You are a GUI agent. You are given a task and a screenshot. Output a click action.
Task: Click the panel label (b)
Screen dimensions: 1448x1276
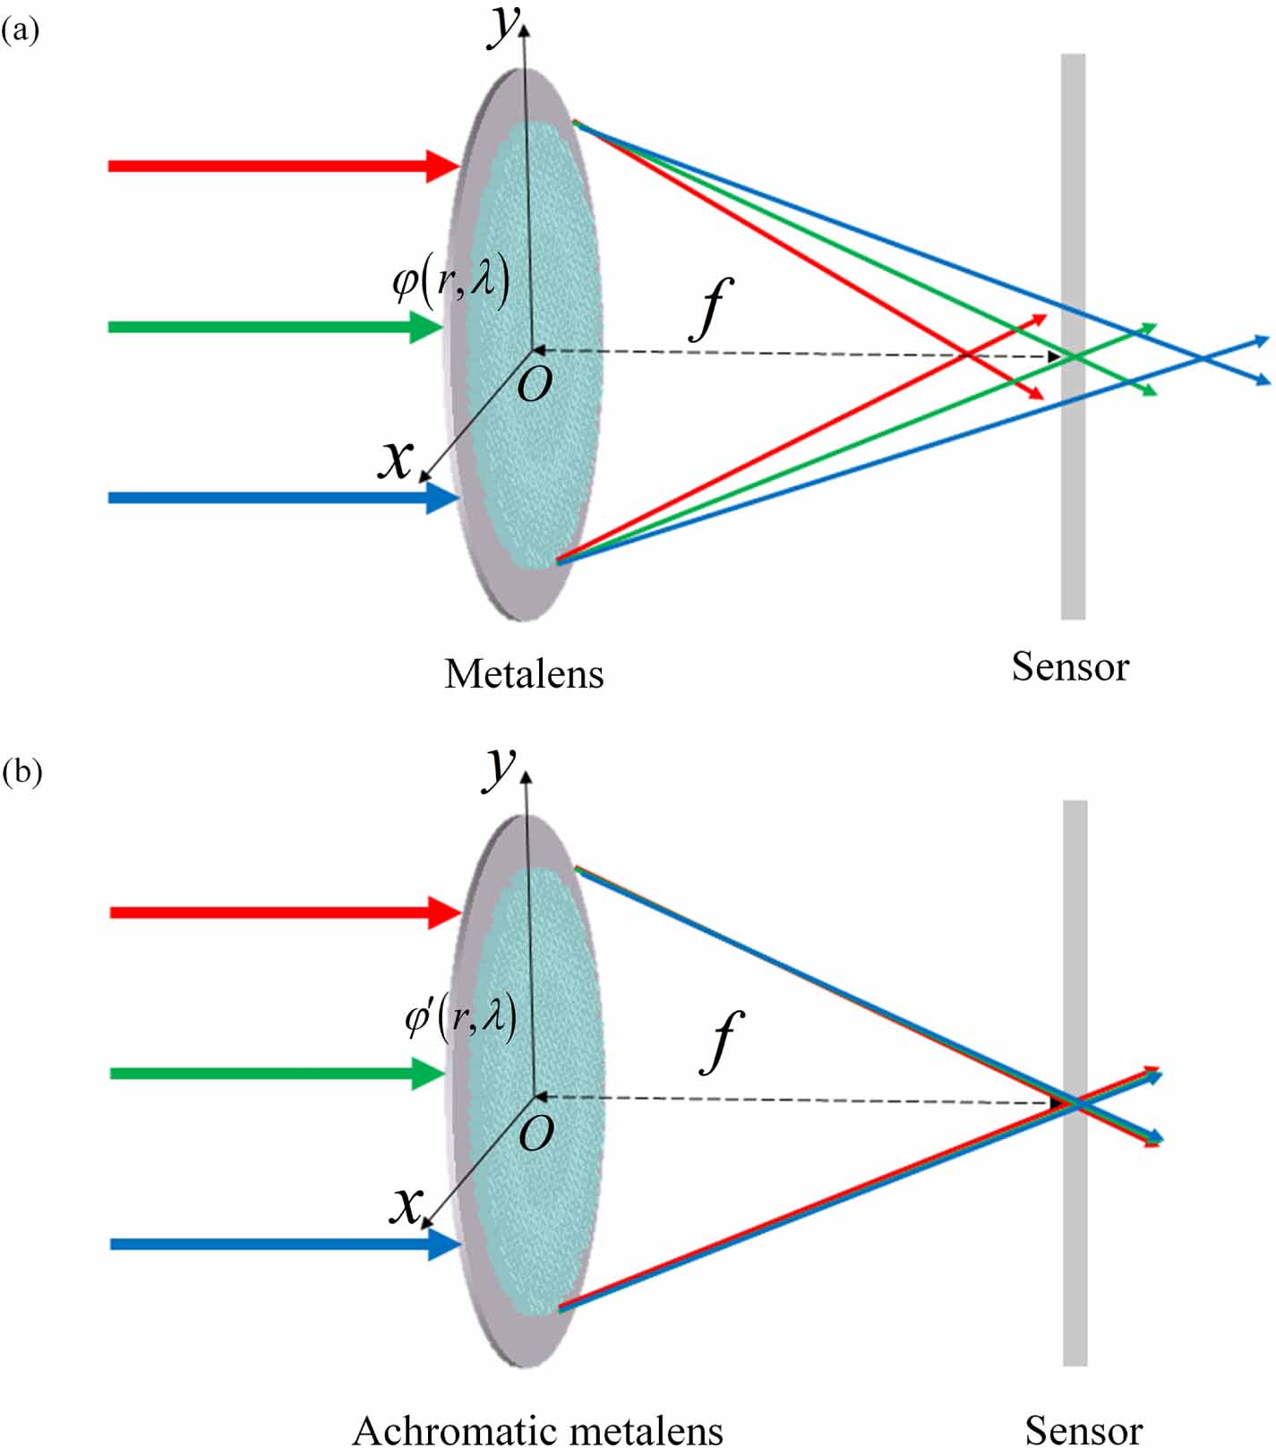pos(21,771)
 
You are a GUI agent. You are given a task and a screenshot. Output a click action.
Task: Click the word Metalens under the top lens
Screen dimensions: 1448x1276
pos(524,674)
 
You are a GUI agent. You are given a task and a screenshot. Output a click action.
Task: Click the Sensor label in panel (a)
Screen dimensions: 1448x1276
pos(1070,667)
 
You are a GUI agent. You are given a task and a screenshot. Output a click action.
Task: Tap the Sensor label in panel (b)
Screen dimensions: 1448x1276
pos(1083,1429)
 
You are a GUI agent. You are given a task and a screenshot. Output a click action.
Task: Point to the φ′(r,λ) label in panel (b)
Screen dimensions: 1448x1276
pos(460,1018)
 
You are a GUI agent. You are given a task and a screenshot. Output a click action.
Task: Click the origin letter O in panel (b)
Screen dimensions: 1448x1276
pos(536,1134)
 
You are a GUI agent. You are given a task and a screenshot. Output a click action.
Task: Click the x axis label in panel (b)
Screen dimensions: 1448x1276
pos(406,1204)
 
